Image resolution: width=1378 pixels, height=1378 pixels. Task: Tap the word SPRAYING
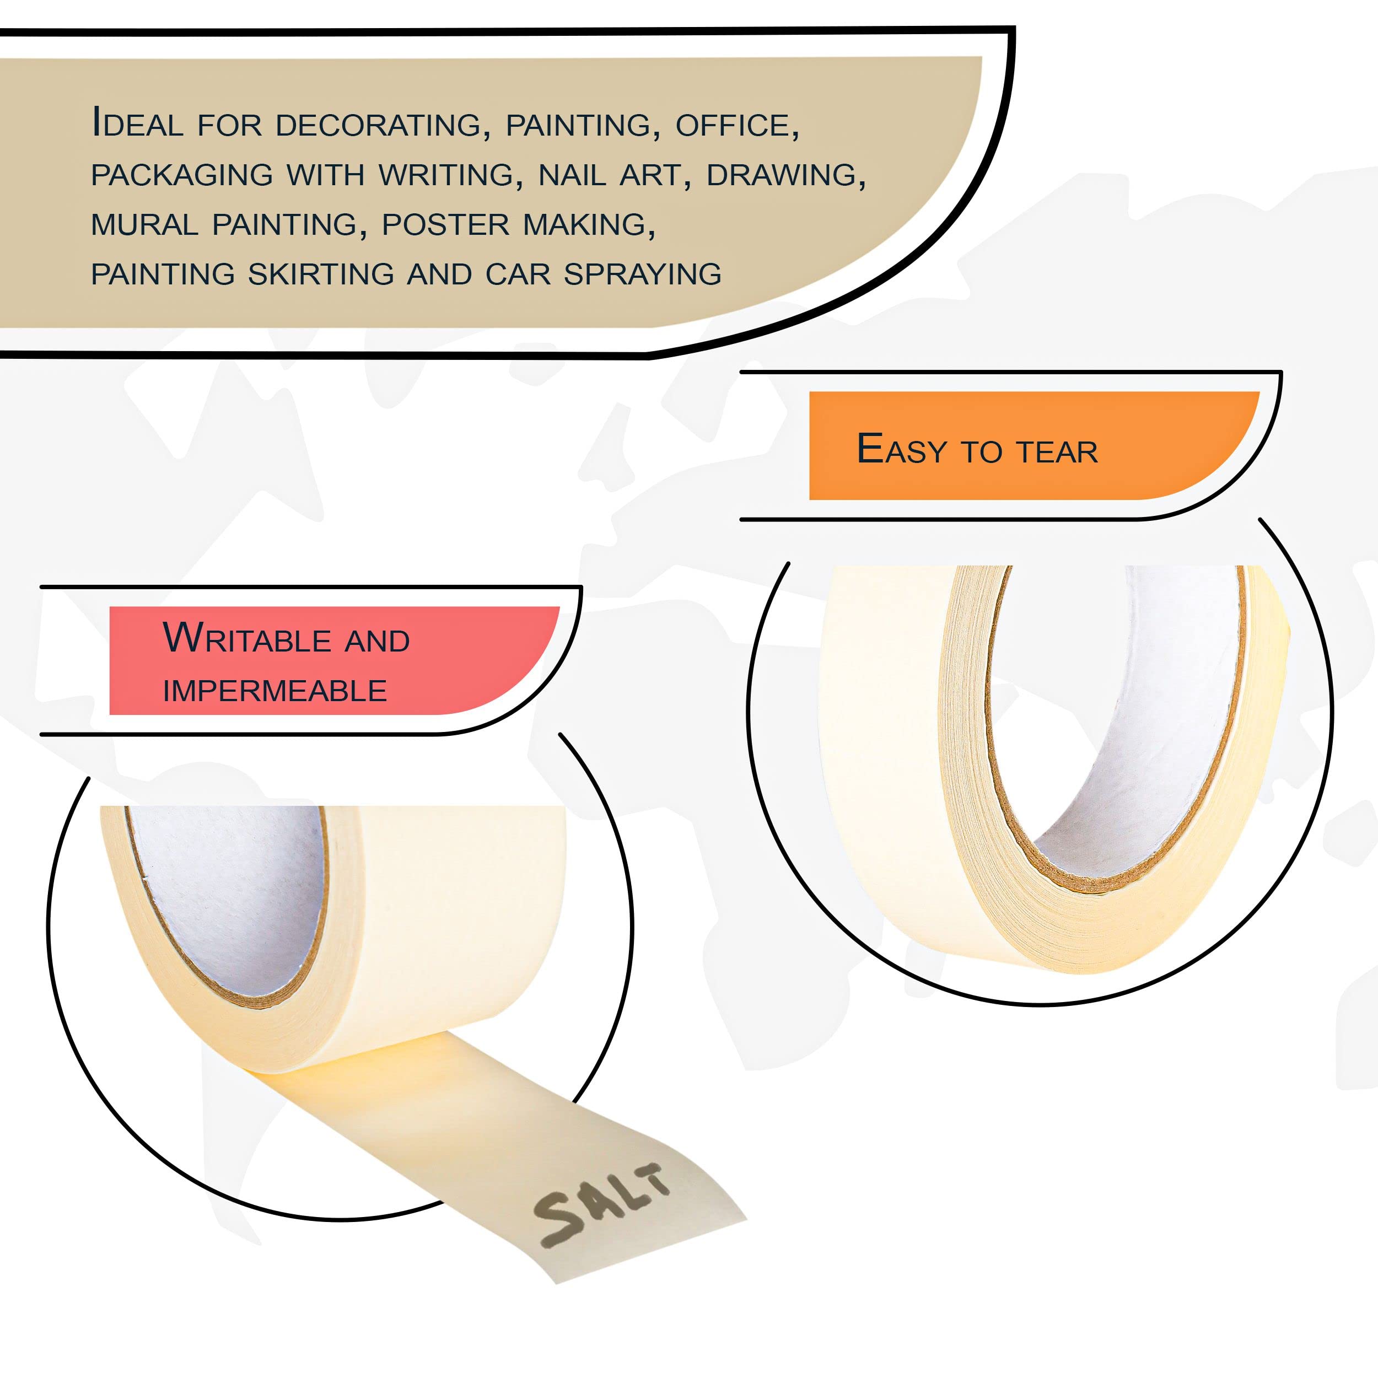643,274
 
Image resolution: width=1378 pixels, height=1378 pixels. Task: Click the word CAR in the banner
518,274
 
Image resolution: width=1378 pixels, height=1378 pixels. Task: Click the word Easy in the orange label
902,449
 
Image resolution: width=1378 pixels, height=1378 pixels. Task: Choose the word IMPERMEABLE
274,691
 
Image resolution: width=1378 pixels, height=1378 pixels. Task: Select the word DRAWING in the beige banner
786,175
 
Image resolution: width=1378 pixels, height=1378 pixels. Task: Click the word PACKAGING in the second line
182,175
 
